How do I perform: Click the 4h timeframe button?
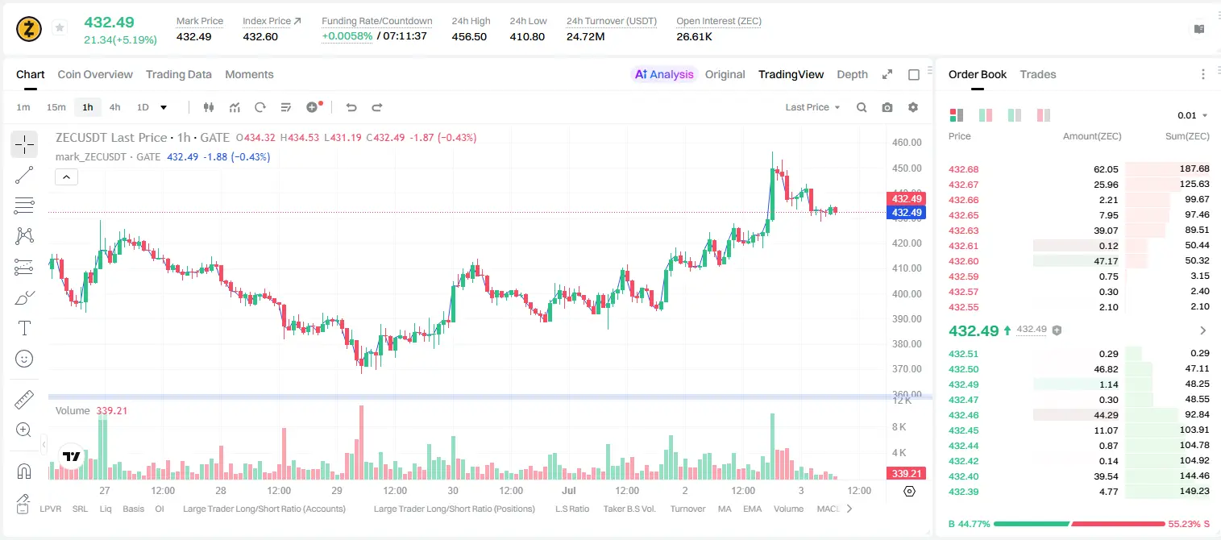114,107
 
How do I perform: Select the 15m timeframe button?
56,107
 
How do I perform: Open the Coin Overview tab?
95,74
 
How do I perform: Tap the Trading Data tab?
178,74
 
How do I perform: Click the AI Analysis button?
664,74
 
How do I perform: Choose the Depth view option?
852,74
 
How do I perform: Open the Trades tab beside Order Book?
1038,74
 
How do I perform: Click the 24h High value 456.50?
469,36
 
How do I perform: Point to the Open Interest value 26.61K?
694,36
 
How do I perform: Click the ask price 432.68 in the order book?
963,169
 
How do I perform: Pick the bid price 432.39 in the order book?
963,492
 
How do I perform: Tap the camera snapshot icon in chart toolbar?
887,107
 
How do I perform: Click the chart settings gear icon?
913,107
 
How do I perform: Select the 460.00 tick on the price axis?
907,142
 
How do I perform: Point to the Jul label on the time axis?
568,490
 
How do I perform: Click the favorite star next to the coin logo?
60,27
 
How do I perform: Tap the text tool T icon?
24,328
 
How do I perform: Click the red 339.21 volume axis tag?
906,474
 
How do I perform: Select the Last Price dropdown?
812,107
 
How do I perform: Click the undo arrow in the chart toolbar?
351,107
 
